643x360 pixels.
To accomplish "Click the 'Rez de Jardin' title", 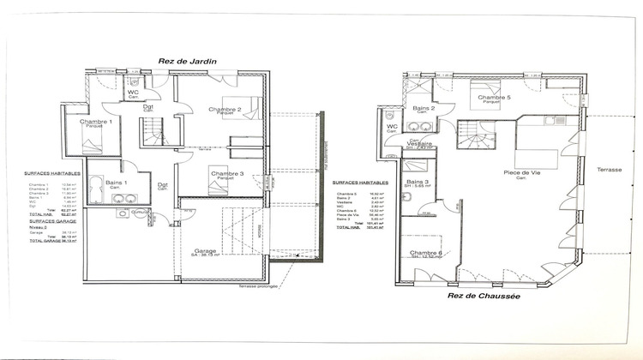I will tap(187, 61).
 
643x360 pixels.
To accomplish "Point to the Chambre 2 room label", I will tap(225, 110).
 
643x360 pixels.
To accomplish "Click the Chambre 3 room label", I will tap(225, 174).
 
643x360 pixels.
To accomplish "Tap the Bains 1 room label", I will tap(117, 183).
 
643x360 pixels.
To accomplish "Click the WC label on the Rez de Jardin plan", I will tap(134, 93).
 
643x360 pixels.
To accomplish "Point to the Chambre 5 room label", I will tap(495, 98).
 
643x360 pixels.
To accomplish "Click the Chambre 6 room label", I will tap(426, 253).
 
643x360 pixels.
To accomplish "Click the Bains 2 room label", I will tap(424, 109).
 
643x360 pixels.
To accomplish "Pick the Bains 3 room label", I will tap(418, 182).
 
